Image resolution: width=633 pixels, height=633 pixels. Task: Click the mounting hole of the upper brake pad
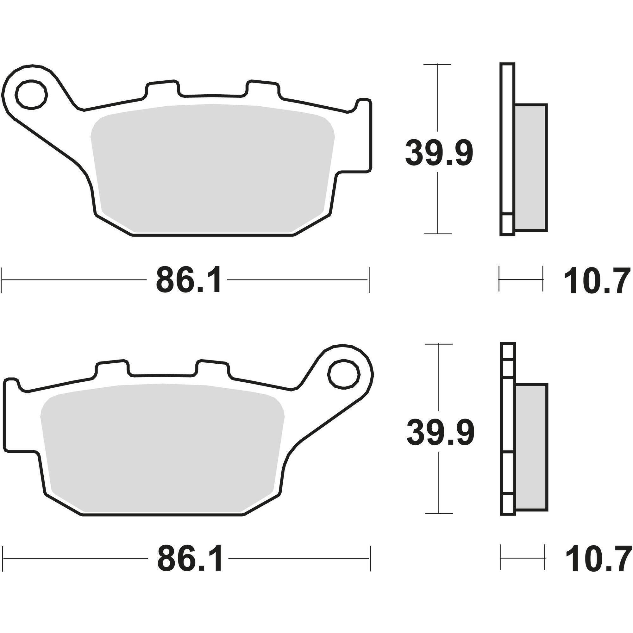point(32,94)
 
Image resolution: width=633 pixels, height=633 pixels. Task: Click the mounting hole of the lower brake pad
point(344,374)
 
